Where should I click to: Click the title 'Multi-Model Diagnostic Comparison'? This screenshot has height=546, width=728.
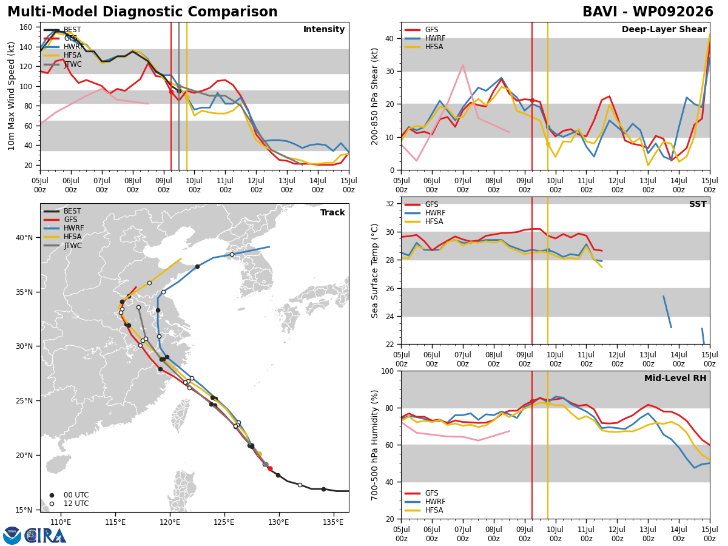(x=143, y=12)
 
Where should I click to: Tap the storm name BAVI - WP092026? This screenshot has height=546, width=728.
(x=648, y=12)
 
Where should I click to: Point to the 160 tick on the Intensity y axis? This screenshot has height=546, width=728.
(x=26, y=27)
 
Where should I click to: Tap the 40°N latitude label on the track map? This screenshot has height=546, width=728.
(x=24, y=238)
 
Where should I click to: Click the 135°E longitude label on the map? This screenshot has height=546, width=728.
(x=333, y=523)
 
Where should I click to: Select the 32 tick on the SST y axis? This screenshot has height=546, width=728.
(x=390, y=204)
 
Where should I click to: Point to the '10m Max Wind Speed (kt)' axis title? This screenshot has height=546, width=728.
(x=11, y=96)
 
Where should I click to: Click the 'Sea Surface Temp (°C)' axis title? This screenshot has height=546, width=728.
(x=374, y=271)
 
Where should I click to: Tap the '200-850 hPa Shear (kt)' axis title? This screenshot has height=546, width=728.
(x=374, y=96)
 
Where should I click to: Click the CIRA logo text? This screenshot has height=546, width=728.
(x=45, y=536)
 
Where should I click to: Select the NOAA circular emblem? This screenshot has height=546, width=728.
(x=12, y=536)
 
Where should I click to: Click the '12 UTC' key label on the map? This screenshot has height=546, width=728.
(x=76, y=504)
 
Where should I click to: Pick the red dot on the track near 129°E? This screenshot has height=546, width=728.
(x=270, y=468)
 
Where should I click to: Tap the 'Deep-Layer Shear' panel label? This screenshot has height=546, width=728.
(x=664, y=30)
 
